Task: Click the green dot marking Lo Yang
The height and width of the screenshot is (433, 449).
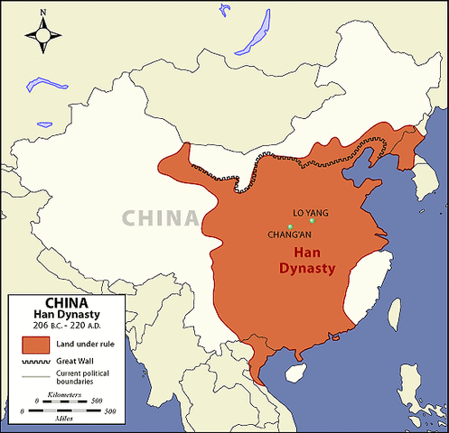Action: tap(311, 220)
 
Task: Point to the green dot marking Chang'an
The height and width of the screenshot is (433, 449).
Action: tap(290, 226)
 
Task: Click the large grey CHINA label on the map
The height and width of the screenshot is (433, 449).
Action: tap(160, 217)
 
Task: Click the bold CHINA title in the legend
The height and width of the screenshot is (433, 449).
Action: tap(66, 303)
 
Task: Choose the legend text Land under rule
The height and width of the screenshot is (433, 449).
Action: tap(88, 344)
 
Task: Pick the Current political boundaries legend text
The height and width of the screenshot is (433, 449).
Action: tap(85, 379)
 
